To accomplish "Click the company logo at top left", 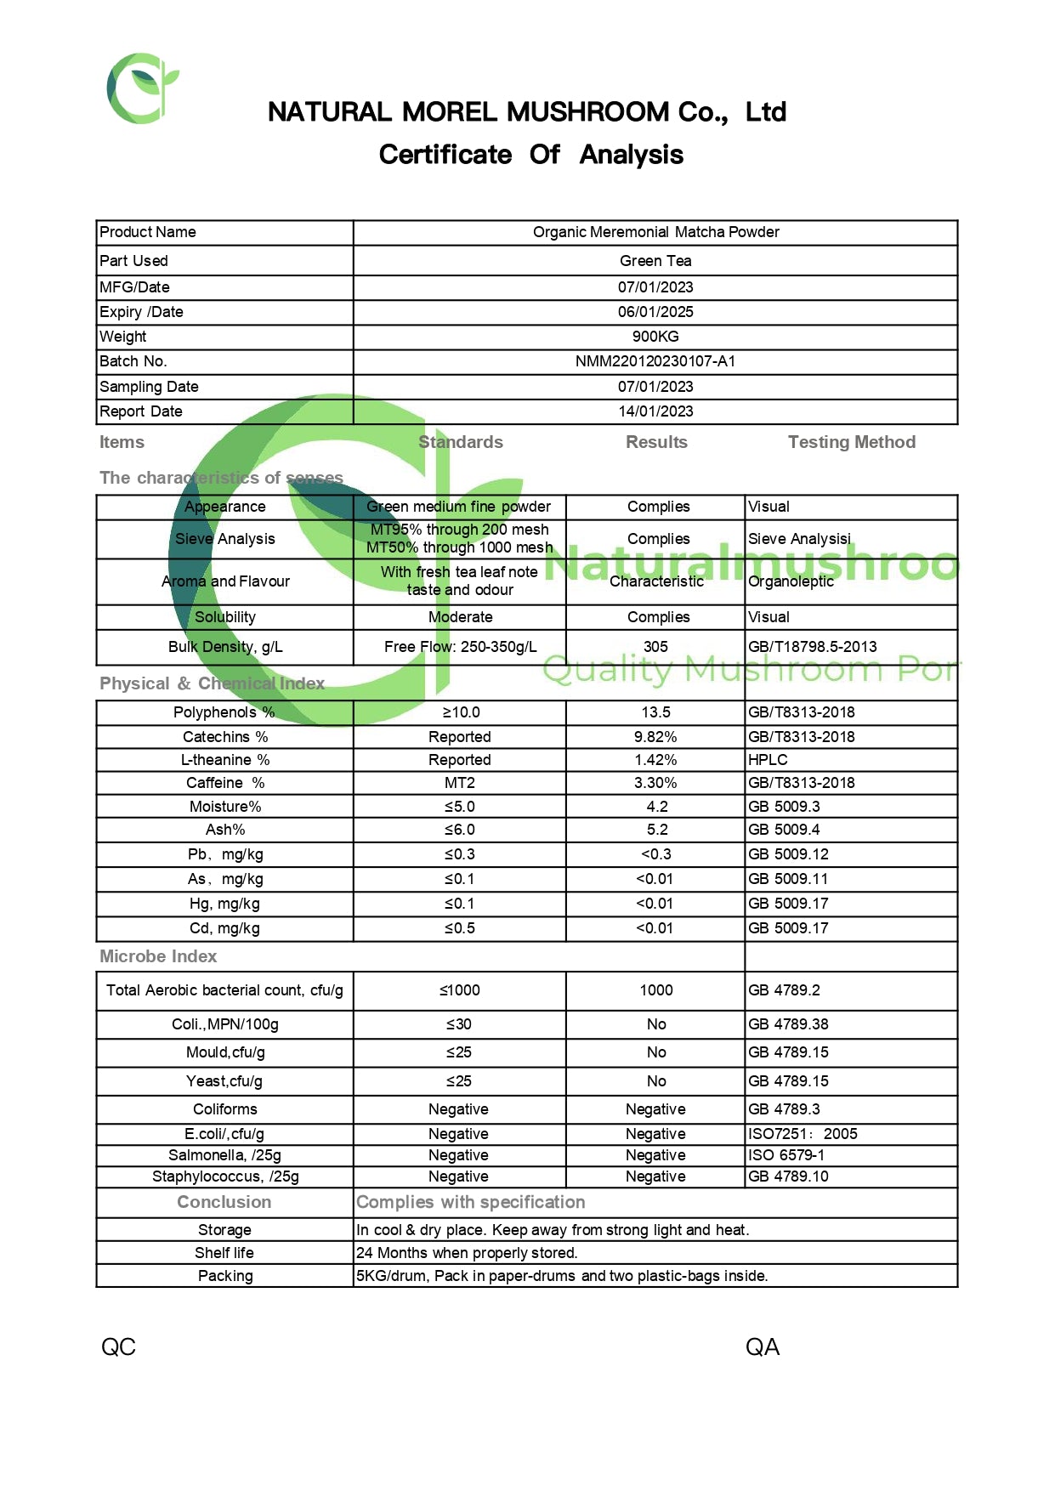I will (142, 88).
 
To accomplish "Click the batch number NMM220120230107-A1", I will (655, 361).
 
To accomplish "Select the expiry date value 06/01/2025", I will (655, 312).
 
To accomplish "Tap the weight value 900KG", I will (655, 337).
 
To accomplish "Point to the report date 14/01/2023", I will (655, 411).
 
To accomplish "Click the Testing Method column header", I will (851, 442).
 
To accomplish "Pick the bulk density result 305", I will (655, 647).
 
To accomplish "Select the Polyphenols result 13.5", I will (655, 712).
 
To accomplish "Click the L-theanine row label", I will (225, 760).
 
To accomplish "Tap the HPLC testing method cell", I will (768, 760).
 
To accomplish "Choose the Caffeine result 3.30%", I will (655, 783).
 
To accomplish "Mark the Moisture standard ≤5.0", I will (459, 807).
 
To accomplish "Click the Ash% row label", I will (225, 830).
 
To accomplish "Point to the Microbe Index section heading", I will (158, 956).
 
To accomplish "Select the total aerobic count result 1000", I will (655, 990).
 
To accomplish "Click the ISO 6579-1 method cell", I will (786, 1155).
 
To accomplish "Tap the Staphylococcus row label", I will (225, 1176).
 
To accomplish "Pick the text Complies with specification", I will (470, 1202).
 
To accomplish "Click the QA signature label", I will (762, 1346).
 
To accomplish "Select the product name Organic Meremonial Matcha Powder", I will (655, 232).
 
